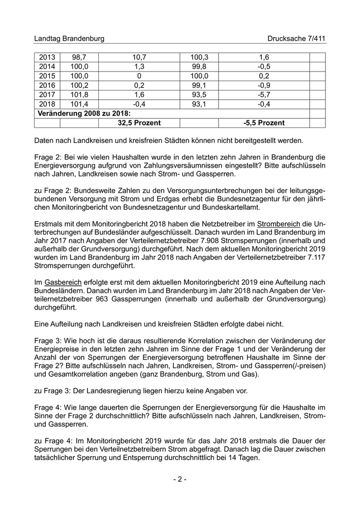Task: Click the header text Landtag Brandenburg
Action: tap(69, 39)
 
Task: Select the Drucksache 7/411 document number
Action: tap(296, 39)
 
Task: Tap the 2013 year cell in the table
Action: tap(47, 58)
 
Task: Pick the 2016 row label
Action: tap(47, 85)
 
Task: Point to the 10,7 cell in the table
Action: tap(139, 58)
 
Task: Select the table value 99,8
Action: tap(199, 67)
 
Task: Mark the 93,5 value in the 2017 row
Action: tap(199, 95)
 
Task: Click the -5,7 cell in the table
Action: tap(264, 95)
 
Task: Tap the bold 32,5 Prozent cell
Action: tap(139, 123)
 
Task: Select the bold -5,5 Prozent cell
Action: tap(264, 123)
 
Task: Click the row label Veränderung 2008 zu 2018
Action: tap(83, 114)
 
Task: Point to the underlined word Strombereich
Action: tap(279, 225)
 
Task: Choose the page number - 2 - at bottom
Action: tap(179, 479)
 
